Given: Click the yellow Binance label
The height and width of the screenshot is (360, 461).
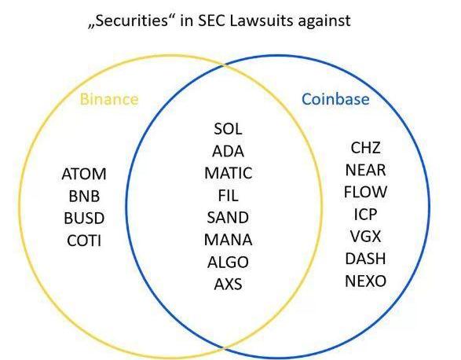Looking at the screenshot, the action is tap(109, 99).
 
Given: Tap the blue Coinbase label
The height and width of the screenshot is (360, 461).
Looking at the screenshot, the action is tap(335, 99).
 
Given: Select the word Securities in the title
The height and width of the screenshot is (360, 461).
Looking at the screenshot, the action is tap(132, 20).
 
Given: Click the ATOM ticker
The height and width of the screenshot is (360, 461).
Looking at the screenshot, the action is tap(84, 174).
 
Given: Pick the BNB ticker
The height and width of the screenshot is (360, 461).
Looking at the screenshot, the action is tap(84, 197).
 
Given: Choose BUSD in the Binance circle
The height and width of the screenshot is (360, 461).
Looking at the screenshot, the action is tap(84, 219).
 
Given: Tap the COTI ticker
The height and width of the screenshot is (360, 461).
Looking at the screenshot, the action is tap(84, 241).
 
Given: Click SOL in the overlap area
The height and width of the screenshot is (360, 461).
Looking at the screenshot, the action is tap(229, 129).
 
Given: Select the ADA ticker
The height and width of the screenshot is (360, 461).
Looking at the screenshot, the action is tap(229, 151).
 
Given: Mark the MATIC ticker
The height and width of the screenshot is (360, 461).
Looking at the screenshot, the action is tap(229, 173).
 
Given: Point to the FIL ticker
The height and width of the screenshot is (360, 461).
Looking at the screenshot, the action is tap(229, 196).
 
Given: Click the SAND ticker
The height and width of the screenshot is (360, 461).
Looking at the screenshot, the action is tap(229, 218).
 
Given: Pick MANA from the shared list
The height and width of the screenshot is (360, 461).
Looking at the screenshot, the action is tap(229, 240).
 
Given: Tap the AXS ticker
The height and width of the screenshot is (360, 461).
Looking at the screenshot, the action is tap(229, 284).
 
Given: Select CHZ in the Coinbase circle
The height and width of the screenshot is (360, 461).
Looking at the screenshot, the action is tap(365, 148).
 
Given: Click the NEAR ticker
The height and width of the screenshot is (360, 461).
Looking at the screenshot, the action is tap(365, 170).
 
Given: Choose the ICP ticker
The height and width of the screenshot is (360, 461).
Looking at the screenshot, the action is tap(365, 214).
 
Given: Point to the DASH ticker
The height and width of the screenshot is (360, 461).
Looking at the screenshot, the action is tap(365, 259).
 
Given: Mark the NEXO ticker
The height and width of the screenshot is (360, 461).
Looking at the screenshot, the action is tap(365, 281).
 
